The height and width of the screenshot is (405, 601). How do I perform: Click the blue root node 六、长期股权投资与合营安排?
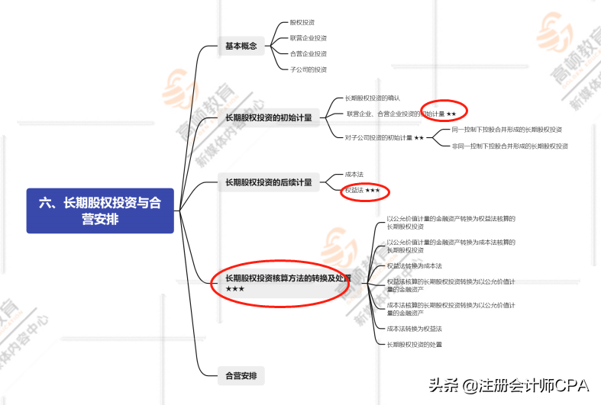click(100, 211)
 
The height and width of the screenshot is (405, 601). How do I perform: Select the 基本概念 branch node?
click(241, 46)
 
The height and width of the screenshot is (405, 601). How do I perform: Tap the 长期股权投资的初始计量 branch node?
click(268, 117)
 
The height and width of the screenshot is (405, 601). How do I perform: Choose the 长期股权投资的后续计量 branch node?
click(268, 182)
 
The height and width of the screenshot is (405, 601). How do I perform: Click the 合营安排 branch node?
click(241, 375)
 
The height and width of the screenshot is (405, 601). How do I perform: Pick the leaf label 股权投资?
click(302, 23)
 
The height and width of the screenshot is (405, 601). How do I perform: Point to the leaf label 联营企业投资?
click(308, 38)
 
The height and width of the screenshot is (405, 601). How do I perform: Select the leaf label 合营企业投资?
click(308, 53)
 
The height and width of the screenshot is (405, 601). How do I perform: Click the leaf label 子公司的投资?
click(308, 69)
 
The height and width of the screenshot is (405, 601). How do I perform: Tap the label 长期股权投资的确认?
click(372, 98)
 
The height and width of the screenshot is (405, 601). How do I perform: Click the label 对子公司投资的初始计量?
click(380, 138)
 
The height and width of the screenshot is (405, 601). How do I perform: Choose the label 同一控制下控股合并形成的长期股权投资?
click(506, 130)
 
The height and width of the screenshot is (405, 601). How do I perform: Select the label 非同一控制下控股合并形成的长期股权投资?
click(509, 146)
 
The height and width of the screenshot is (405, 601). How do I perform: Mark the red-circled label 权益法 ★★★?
click(363, 190)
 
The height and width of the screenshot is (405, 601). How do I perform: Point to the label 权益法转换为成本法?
click(414, 266)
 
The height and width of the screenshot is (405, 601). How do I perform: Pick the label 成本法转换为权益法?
click(414, 329)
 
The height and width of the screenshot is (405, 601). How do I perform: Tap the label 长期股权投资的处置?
click(414, 345)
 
